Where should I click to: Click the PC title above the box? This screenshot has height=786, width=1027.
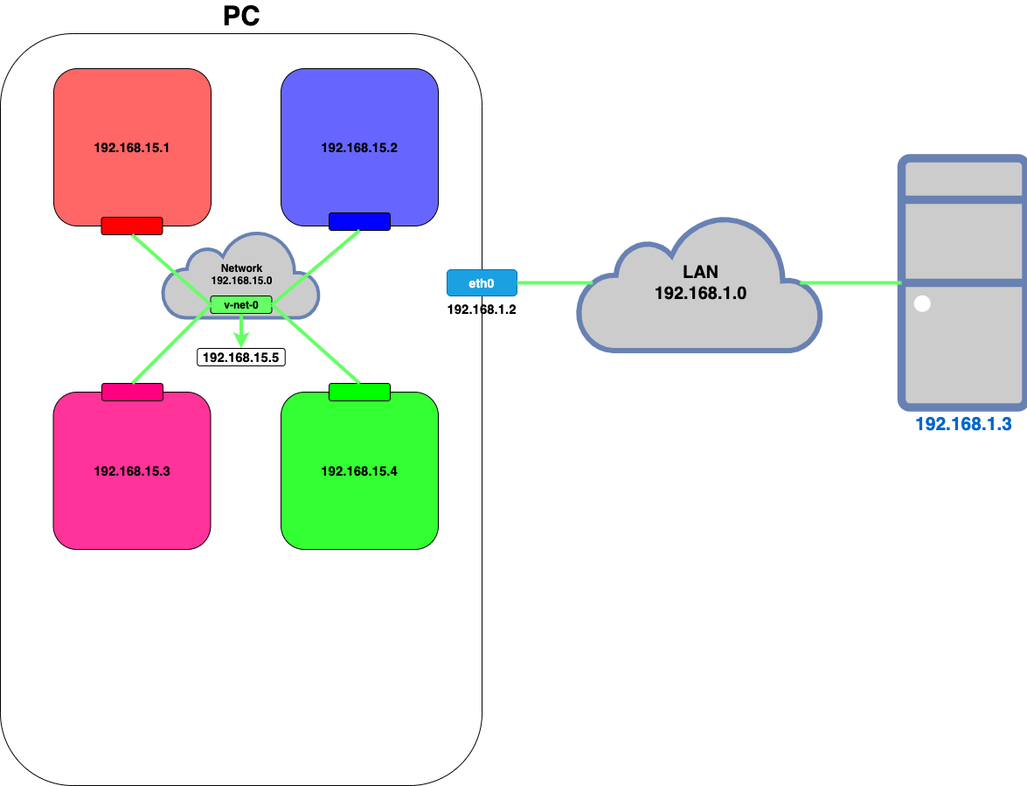(x=241, y=16)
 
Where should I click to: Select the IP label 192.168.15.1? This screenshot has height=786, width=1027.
(x=131, y=148)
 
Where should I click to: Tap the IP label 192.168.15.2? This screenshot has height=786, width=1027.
(x=359, y=148)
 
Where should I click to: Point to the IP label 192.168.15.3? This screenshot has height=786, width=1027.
(x=131, y=471)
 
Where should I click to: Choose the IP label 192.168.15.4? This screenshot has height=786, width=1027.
(x=359, y=471)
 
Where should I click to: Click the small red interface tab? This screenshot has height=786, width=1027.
(x=132, y=226)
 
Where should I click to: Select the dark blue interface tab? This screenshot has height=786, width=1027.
(x=359, y=222)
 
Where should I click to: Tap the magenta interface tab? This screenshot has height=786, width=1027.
(x=132, y=392)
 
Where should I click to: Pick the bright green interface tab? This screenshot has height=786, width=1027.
(x=359, y=392)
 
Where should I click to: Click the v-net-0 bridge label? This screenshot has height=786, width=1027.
(x=241, y=305)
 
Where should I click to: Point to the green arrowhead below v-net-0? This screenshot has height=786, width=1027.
(x=241, y=338)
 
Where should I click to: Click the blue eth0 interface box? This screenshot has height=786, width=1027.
(x=482, y=282)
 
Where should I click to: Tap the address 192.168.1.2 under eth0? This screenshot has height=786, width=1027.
(x=482, y=310)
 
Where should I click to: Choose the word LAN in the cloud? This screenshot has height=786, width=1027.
(x=700, y=272)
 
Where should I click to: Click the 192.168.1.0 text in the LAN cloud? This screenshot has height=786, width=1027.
(x=700, y=293)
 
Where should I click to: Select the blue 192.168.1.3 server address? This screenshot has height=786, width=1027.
(x=962, y=425)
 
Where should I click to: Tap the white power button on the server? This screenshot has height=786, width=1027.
(x=921, y=305)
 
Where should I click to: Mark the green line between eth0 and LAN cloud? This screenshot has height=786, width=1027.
(x=554, y=282)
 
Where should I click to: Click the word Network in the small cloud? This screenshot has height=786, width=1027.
(x=241, y=268)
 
